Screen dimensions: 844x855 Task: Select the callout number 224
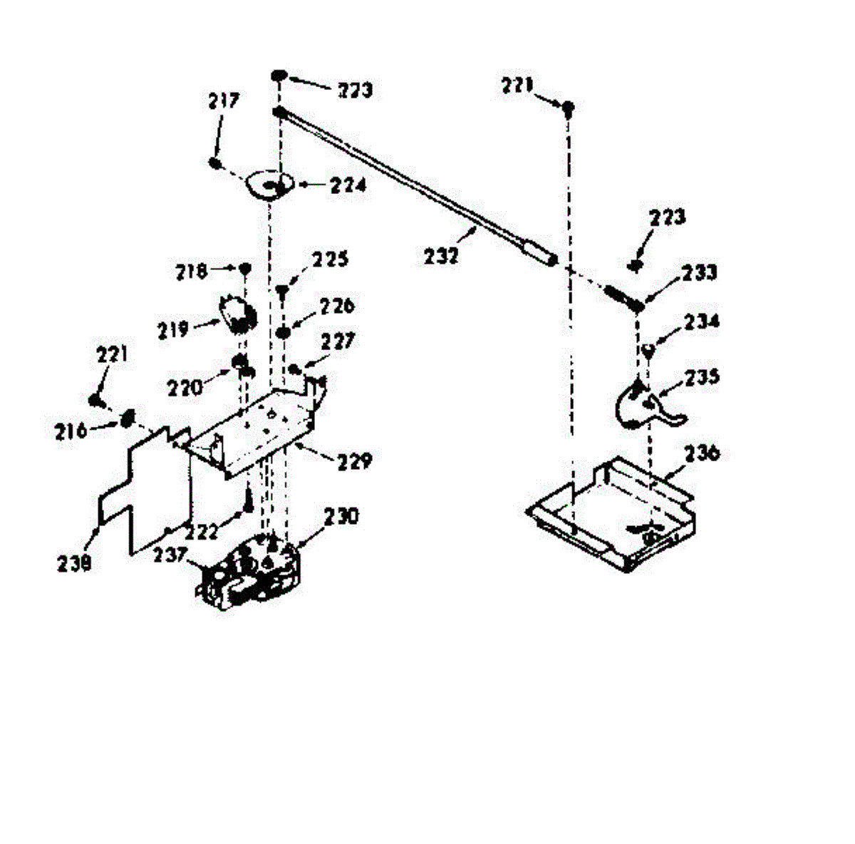click(x=348, y=185)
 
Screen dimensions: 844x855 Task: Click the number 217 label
click(x=224, y=101)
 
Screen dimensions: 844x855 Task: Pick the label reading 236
click(x=703, y=453)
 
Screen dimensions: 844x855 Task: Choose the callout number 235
click(x=703, y=376)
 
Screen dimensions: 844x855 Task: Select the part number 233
click(x=699, y=272)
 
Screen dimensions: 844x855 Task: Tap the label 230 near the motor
click(x=342, y=516)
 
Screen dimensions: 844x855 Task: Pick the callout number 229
click(x=354, y=461)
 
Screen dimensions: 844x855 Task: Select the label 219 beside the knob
click(x=174, y=330)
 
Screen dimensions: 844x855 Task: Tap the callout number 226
click(x=336, y=307)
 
